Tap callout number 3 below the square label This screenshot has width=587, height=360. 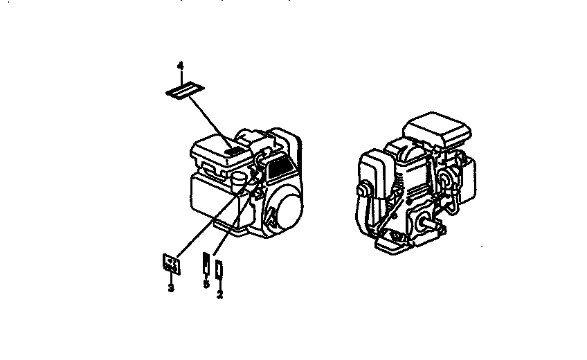[x=170, y=286]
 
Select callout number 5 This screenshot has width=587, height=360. [x=206, y=284]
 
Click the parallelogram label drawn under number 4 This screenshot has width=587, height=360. [x=183, y=91]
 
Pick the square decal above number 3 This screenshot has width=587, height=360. [x=170, y=264]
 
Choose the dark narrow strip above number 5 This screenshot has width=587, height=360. [x=206, y=264]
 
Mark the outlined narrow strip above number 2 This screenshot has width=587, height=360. [x=219, y=269]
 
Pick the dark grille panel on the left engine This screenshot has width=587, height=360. [x=280, y=165]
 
